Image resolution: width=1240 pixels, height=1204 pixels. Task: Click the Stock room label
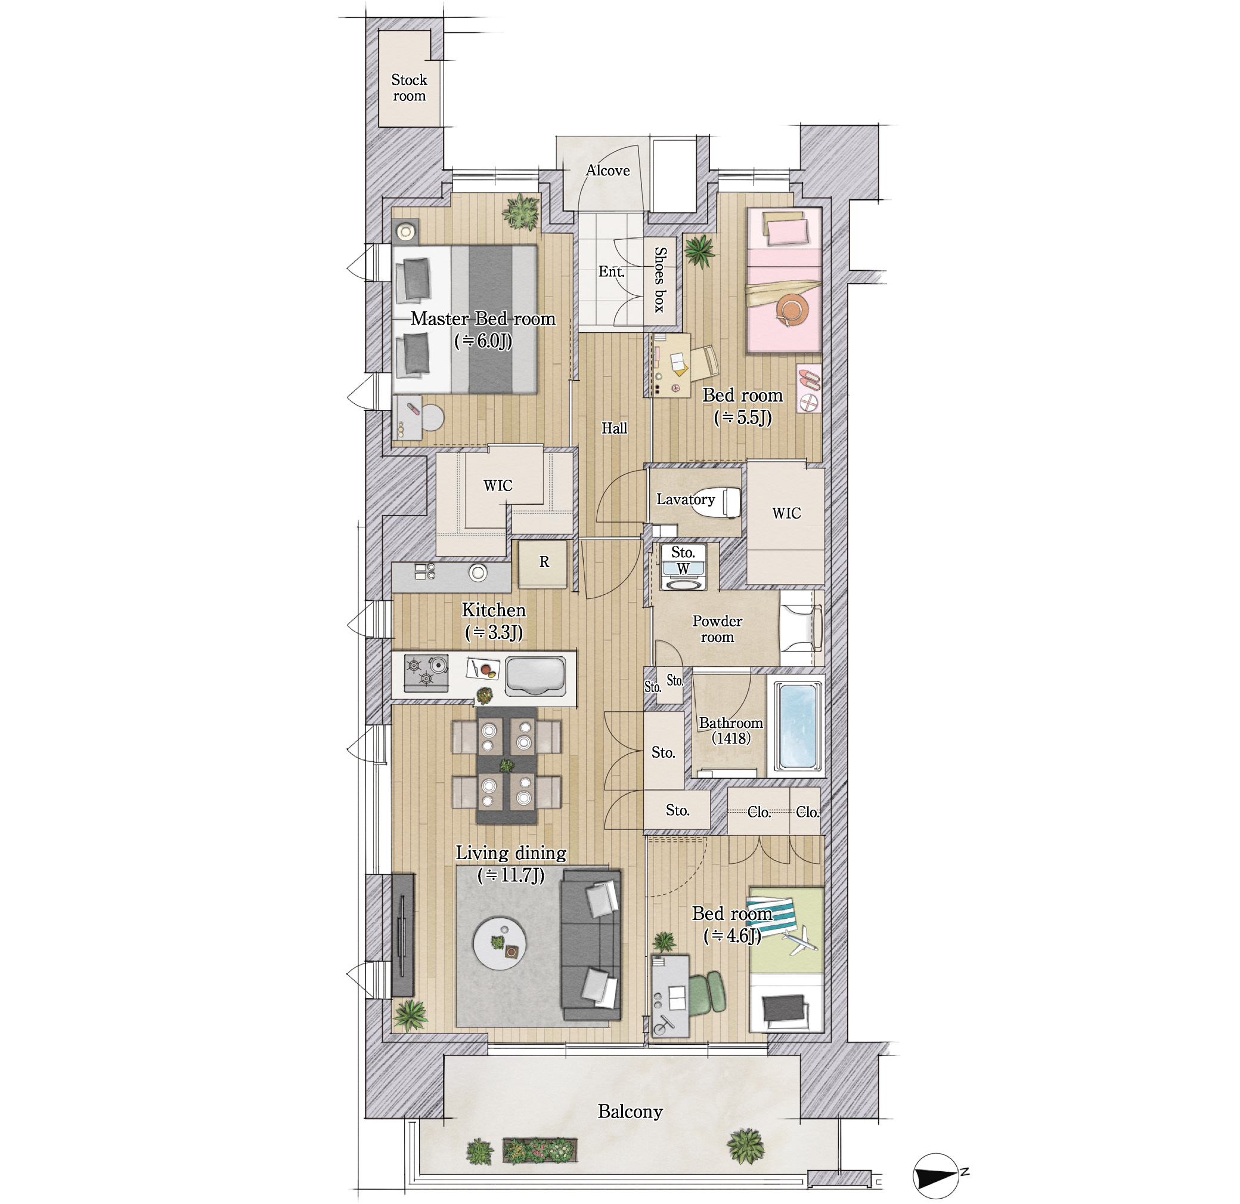tap(409, 88)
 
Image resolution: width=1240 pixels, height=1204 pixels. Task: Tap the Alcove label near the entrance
tap(607, 170)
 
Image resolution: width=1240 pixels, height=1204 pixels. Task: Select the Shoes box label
tap(660, 280)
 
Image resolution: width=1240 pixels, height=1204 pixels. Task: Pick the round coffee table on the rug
tap(500, 943)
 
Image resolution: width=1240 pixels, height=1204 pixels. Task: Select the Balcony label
tap(630, 1112)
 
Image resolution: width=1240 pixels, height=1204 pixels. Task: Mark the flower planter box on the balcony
tap(540, 1151)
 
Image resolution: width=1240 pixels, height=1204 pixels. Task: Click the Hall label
tap(613, 428)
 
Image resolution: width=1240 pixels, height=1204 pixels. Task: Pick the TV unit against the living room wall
tap(402, 935)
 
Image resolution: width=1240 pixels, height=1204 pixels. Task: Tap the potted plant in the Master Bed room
tap(521, 212)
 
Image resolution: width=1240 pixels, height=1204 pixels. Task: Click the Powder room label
tap(717, 629)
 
